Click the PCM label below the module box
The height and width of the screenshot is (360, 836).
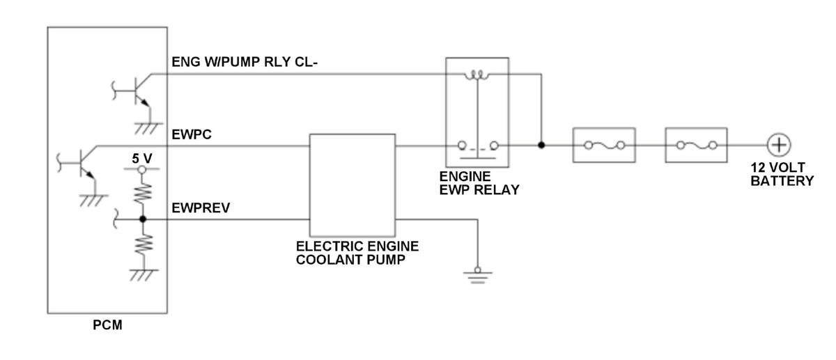107,325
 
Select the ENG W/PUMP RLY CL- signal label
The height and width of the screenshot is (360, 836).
245,62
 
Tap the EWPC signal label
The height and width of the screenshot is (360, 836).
192,134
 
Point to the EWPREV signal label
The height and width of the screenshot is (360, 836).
201,208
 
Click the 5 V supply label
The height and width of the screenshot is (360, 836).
142,159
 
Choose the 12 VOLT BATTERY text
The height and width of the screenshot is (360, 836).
782,174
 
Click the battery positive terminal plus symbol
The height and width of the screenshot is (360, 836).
779,145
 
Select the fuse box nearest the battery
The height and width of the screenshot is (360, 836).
696,145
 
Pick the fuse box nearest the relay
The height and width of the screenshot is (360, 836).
604,145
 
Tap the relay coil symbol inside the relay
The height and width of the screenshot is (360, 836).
477,75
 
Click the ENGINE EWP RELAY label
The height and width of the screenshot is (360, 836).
479,183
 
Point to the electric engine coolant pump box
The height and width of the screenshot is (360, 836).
353,185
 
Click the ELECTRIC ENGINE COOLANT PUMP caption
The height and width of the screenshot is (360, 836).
357,253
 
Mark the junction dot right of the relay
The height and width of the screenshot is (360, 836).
541,145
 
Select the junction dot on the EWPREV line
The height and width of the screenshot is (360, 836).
143,219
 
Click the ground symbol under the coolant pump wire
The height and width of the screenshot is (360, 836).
478,275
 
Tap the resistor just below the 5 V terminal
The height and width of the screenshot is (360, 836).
143,194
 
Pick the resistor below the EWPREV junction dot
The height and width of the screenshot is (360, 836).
144,244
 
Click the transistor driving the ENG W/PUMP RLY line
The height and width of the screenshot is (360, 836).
136,91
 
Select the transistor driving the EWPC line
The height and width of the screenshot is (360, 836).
82,163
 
